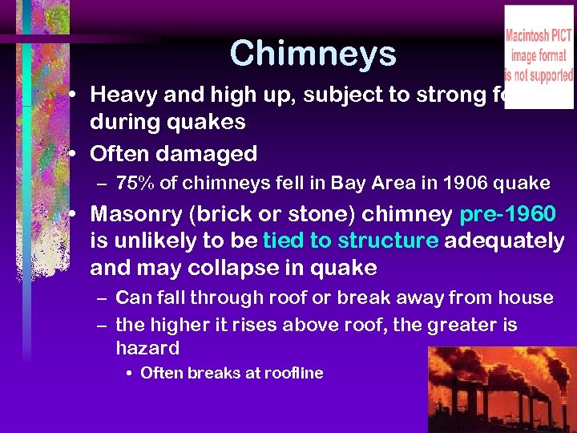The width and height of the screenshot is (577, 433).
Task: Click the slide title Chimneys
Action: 313,54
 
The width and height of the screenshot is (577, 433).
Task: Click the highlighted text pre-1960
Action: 507,215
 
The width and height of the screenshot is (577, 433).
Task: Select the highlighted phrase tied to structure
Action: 350,241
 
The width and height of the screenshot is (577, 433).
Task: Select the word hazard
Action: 147,348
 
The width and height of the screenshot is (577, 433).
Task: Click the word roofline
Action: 292,373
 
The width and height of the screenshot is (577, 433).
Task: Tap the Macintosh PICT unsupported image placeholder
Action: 538,56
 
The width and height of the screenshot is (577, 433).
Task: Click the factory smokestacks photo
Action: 502,390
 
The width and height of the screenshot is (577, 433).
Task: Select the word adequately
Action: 504,241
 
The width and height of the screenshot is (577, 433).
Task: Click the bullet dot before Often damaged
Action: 74,153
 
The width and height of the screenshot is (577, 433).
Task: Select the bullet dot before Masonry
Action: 74,215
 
